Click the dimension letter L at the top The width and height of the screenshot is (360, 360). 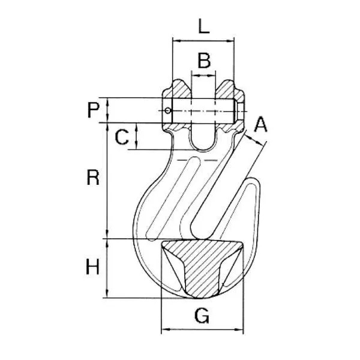[x=204, y=26]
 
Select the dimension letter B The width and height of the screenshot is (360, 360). [x=204, y=61]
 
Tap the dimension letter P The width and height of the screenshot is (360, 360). [x=93, y=110]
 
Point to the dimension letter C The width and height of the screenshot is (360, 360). [x=122, y=137]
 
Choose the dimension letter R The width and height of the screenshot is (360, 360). [x=93, y=177]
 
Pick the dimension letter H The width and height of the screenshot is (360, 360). [x=92, y=266]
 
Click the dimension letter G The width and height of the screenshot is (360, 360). [x=202, y=316]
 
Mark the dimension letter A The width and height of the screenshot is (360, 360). [x=261, y=124]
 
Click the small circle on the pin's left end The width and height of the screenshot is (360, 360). [x=168, y=110]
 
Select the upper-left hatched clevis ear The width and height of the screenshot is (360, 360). [x=177, y=90]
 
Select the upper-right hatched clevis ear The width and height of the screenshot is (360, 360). [x=229, y=90]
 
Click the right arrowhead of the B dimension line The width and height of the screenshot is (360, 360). [x=212, y=75]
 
